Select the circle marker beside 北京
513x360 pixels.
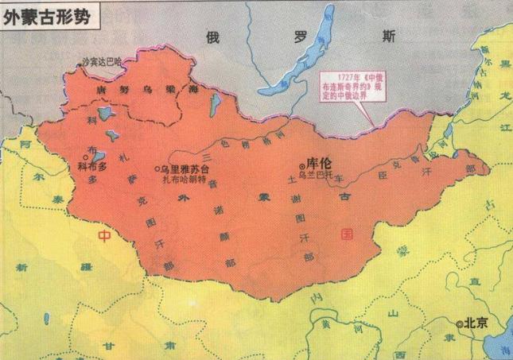(x=460, y=323)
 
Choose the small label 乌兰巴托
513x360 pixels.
(x=325, y=178)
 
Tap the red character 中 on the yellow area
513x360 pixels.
(x=104, y=236)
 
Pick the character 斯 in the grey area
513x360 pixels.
(x=387, y=36)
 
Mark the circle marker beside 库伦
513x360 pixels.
(x=300, y=165)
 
